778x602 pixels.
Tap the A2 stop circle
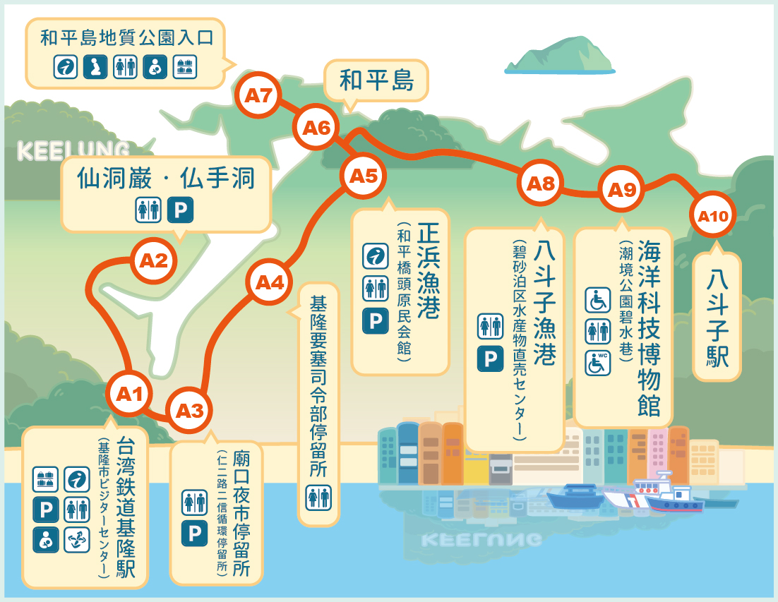[x=154, y=261]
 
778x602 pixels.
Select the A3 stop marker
[x=189, y=410]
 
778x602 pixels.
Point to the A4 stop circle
[x=269, y=283]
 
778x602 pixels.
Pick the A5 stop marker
[x=364, y=176]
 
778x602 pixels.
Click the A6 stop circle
[x=316, y=128]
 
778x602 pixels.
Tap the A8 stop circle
[x=541, y=184]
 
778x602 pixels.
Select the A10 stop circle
[x=712, y=216]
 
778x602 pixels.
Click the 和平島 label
[x=376, y=80]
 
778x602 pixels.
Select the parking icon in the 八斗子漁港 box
[x=490, y=359]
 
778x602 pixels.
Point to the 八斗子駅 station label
[x=718, y=317]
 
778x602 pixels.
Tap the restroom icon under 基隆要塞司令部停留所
[x=318, y=498]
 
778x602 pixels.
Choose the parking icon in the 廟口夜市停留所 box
[x=194, y=534]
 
